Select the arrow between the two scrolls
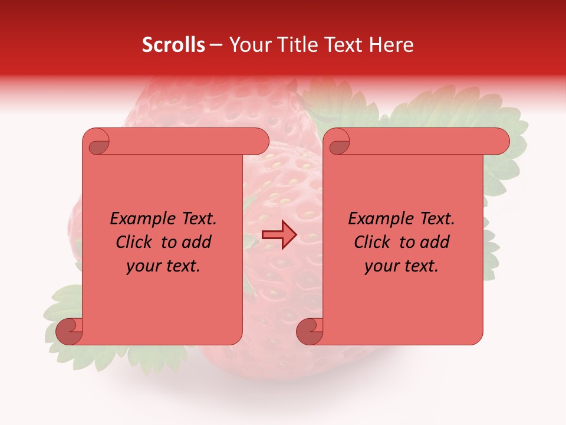[279, 234]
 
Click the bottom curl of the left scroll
[70, 331]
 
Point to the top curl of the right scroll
[338, 142]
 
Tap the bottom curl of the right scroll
[310, 331]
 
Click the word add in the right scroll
[435, 242]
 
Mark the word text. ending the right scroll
[421, 266]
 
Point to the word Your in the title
[248, 45]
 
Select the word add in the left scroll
[196, 242]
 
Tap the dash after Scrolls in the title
[216, 45]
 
